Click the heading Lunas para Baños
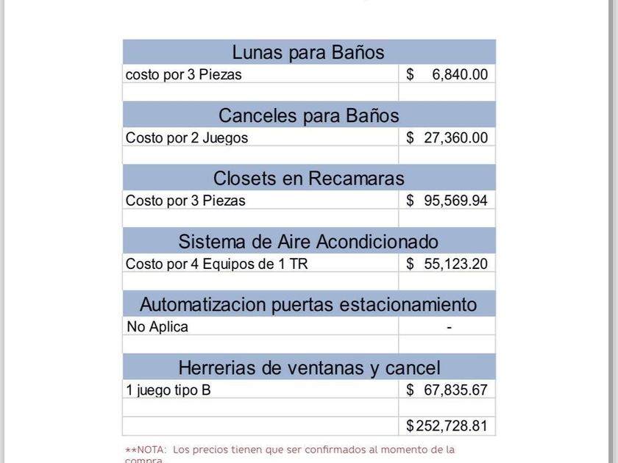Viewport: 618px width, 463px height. (308, 53)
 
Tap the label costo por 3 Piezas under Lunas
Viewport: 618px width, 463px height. (184, 74)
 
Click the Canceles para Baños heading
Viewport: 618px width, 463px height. (308, 116)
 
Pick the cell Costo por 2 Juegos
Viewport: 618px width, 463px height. (187, 137)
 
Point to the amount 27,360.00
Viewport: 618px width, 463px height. (455, 137)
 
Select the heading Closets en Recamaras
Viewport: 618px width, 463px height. (308, 179)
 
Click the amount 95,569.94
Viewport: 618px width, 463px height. (455, 201)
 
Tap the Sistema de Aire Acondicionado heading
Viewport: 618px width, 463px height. (308, 242)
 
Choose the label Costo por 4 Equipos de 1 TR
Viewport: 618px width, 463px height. (216, 264)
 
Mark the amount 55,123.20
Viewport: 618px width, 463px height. (455, 264)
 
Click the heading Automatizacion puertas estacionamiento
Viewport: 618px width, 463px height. (308, 304)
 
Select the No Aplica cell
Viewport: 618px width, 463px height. (157, 327)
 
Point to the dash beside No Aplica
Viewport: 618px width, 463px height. (449, 327)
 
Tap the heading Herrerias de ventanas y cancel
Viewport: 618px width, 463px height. (308, 367)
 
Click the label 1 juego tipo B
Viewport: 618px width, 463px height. (168, 390)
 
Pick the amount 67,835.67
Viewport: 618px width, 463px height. (455, 390)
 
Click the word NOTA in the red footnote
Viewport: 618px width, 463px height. (151, 449)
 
